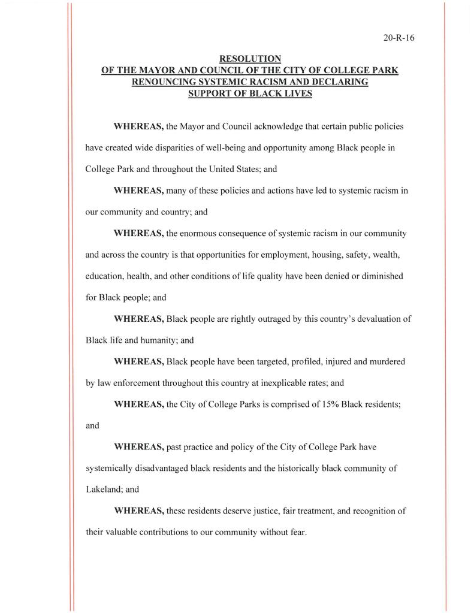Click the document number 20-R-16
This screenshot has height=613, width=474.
pyautogui.click(x=399, y=38)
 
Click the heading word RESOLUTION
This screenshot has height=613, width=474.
pyautogui.click(x=250, y=59)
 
